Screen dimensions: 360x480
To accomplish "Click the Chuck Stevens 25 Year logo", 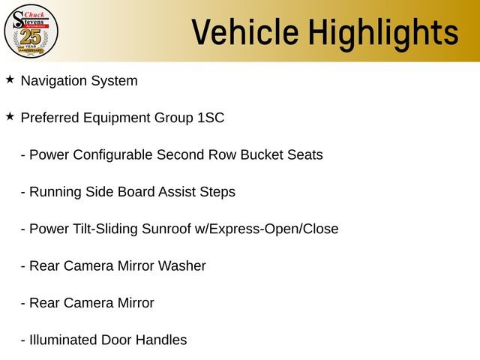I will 31,31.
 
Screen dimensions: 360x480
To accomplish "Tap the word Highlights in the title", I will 383,32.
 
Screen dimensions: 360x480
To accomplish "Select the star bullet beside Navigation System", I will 10,79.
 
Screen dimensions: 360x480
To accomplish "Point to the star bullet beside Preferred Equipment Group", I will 10,116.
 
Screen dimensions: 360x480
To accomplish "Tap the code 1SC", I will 211,118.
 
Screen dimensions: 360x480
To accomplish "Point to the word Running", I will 54,192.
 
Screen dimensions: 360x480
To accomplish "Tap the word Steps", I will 217,192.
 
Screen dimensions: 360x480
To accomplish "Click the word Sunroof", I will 165,229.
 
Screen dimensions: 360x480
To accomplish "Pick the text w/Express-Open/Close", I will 266,229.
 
